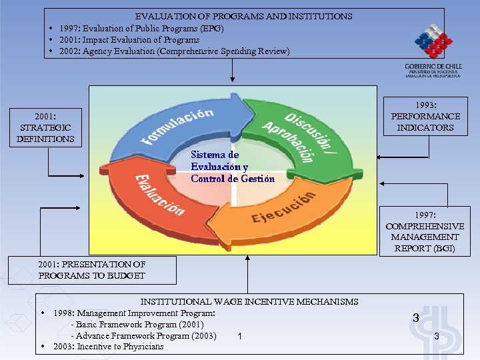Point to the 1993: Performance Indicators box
click(425, 117)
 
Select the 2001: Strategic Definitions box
click(46, 127)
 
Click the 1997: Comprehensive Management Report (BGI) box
click(425, 232)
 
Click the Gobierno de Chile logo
click(433, 50)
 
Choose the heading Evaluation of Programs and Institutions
click(244, 16)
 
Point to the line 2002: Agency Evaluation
click(174, 51)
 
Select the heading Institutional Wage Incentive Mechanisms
click(249, 302)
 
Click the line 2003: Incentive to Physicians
click(108, 347)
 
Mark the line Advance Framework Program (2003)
click(143, 335)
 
